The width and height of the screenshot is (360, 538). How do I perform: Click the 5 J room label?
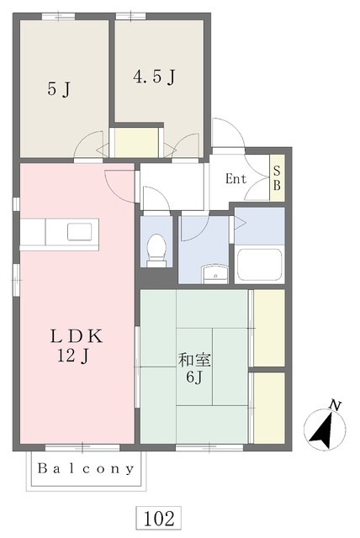click(x=59, y=89)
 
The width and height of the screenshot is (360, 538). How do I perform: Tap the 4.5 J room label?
click(x=154, y=76)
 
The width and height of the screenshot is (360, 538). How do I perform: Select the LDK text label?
click(x=77, y=336)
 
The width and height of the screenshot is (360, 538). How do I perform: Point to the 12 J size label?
click(x=73, y=356)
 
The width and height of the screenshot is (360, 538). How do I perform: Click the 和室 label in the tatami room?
click(x=194, y=360)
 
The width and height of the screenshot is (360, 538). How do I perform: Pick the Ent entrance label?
click(x=236, y=179)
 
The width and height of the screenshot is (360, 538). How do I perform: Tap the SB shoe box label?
click(x=277, y=177)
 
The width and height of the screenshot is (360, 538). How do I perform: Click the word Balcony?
click(x=86, y=468)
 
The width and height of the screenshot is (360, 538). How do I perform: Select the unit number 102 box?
click(x=158, y=518)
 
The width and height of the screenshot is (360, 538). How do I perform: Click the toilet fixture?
click(x=156, y=250)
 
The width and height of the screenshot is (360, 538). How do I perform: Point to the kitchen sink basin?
click(x=79, y=231)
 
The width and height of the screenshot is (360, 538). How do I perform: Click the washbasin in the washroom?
click(x=215, y=274)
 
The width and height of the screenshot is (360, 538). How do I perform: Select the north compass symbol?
click(x=325, y=430)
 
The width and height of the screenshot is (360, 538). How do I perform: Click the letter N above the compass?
click(x=335, y=405)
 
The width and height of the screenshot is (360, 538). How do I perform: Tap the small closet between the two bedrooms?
click(x=136, y=142)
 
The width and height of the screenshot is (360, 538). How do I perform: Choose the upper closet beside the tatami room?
click(x=268, y=328)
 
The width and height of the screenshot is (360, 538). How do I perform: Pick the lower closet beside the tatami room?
click(x=268, y=408)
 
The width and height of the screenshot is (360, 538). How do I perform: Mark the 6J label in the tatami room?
click(x=194, y=377)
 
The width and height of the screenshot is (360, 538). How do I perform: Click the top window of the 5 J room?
click(x=58, y=16)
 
